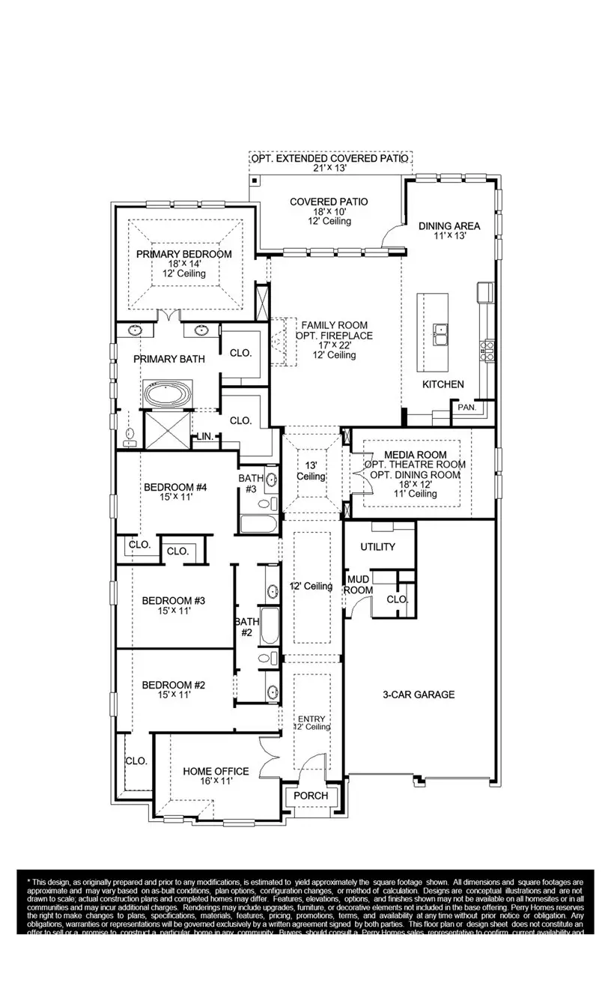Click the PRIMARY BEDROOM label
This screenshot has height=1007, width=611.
[x=184, y=254]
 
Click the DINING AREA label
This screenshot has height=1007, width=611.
[x=449, y=226]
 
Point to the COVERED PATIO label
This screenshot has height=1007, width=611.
[x=329, y=202]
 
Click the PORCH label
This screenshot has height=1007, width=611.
[x=310, y=796]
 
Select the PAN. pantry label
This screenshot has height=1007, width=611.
[x=466, y=408]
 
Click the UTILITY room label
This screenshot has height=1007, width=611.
[x=377, y=547]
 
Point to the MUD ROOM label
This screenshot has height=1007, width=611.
[x=358, y=584]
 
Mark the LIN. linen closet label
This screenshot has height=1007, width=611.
[x=204, y=437]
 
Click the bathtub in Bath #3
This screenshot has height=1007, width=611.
[x=258, y=522]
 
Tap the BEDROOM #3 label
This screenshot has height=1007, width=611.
[x=174, y=600]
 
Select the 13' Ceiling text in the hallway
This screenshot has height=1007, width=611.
[x=311, y=471]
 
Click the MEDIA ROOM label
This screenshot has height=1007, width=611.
[x=416, y=455]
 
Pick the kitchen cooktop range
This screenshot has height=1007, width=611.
[x=487, y=349]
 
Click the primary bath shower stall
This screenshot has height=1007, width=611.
[x=165, y=429]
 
